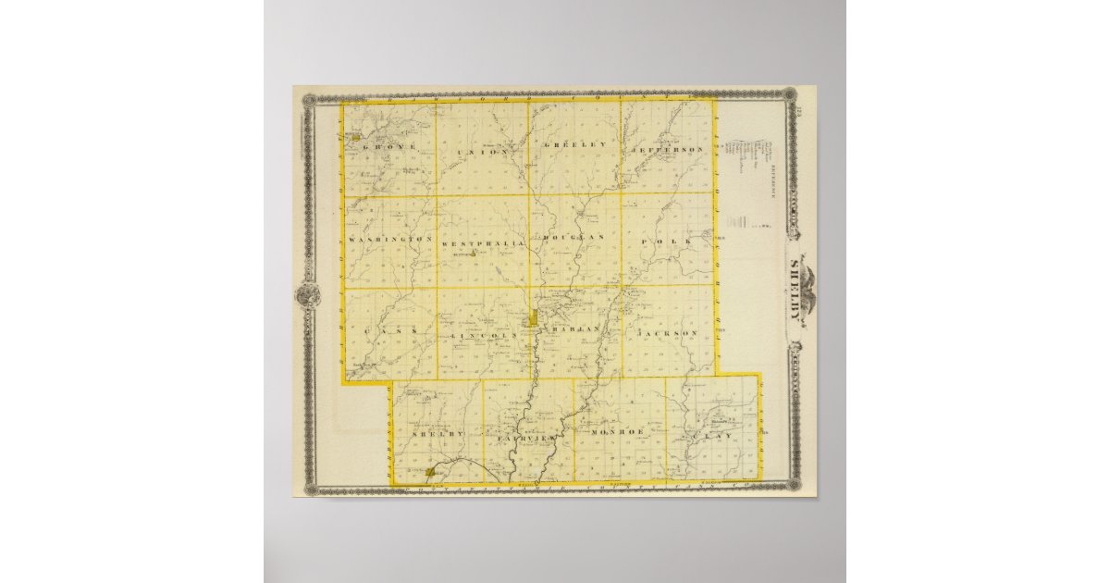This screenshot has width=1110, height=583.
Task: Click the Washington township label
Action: pos(391,240)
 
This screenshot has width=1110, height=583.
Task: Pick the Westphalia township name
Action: pos(485,242)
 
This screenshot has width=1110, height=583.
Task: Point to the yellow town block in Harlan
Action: pos(534,320)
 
